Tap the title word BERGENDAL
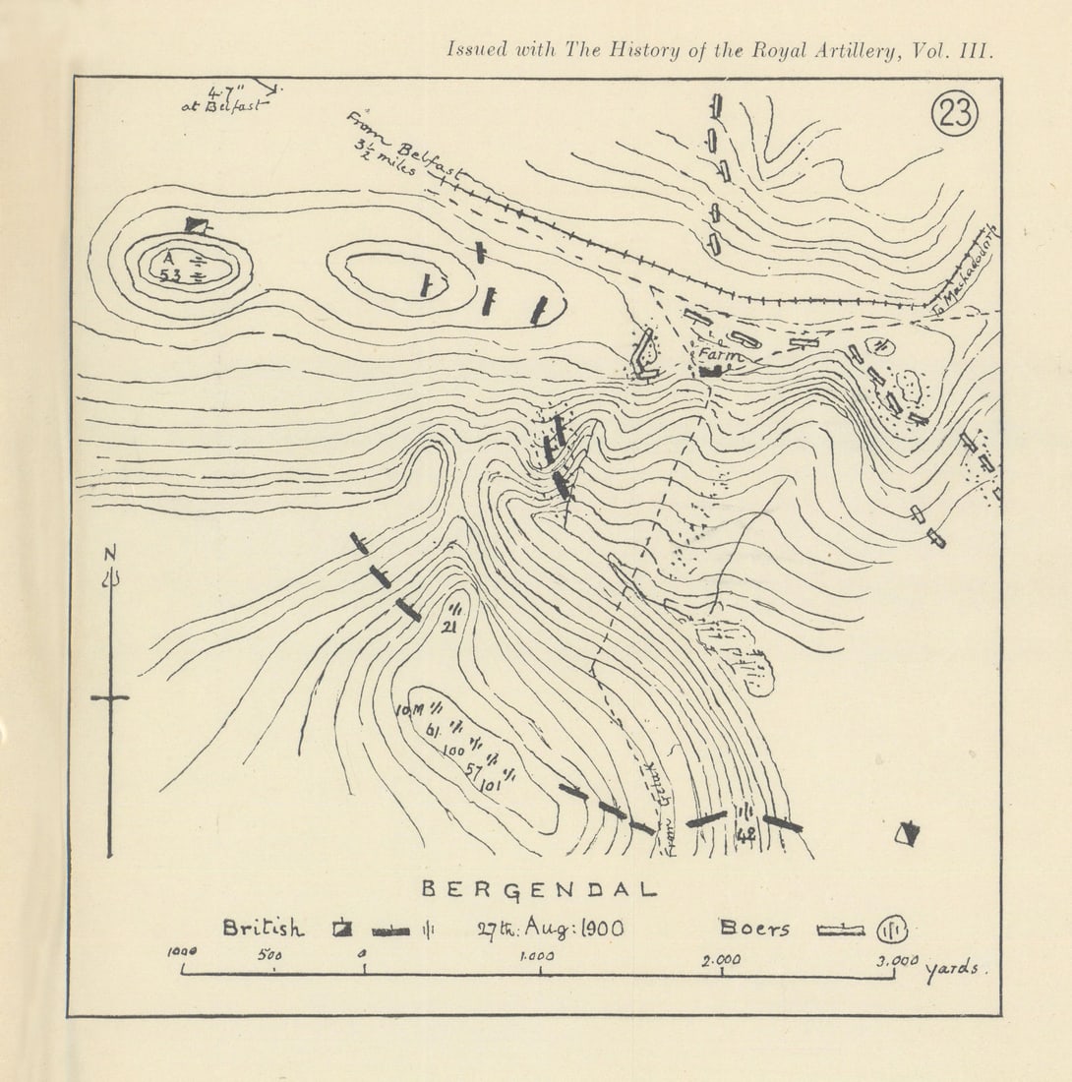pyautogui.click(x=539, y=889)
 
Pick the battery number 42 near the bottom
pyautogui.click(x=745, y=834)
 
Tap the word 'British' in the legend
pyautogui.click(x=263, y=928)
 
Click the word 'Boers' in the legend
pyautogui.click(x=754, y=928)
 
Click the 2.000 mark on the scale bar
pyautogui.click(x=721, y=960)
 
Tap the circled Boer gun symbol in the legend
pyautogui.click(x=892, y=929)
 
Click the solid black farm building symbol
pyautogui.click(x=712, y=371)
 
